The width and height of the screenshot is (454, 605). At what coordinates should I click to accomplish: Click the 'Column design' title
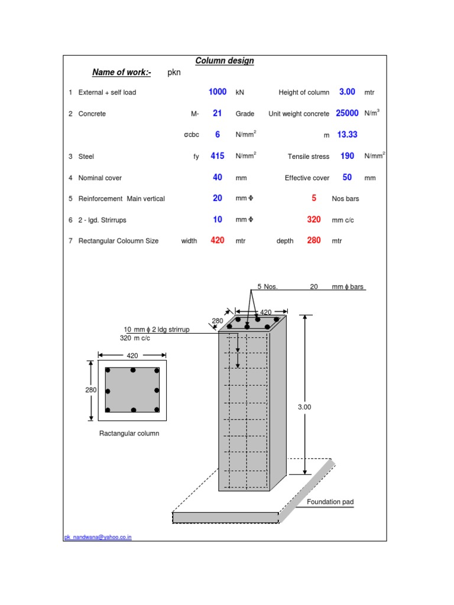coord(225,61)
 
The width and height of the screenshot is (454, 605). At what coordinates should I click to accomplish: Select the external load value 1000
coord(218,92)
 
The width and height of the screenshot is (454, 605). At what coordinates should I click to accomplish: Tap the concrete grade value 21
coord(218,113)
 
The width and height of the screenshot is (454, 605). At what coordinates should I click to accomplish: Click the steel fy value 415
coord(218,156)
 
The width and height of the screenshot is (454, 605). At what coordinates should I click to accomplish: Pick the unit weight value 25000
coord(348,113)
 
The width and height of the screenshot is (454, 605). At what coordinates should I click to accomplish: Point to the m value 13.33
coord(348,135)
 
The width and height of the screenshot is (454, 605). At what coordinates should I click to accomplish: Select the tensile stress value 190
coord(348,156)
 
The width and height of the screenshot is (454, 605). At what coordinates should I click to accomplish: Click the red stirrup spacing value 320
coord(314,220)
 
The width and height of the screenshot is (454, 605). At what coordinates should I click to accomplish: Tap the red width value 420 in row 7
coord(218,240)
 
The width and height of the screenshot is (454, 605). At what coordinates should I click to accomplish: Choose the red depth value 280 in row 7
coord(314,240)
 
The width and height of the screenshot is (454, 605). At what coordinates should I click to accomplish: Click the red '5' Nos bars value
coord(314,199)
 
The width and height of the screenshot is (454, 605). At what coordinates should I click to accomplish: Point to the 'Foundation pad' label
coord(330,502)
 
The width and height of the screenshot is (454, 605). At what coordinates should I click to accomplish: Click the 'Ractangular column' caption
coord(129,433)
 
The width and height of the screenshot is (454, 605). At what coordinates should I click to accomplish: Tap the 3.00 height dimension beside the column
coord(304,407)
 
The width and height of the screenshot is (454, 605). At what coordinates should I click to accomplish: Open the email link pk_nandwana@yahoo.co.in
coord(98,537)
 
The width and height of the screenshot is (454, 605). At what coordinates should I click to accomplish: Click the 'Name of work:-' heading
coord(122,73)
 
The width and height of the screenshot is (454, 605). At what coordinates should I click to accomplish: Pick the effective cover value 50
coord(348,177)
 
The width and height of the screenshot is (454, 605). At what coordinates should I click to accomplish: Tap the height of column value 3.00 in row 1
coord(348,92)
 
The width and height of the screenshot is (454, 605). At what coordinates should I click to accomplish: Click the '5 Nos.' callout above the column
coord(267,287)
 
